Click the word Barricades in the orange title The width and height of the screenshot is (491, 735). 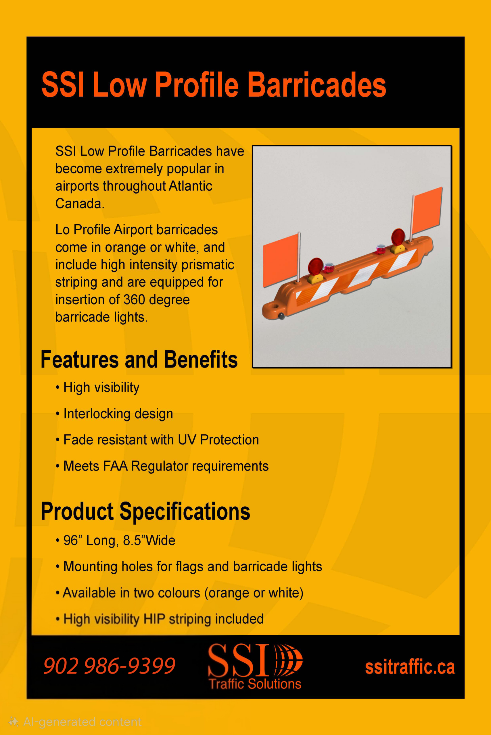tap(317, 85)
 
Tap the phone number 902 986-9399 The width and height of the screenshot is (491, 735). tap(109, 666)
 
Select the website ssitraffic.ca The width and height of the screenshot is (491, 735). tap(410, 667)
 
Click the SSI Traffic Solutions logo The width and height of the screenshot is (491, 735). tap(255, 666)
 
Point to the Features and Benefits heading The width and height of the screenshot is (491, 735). tap(139, 359)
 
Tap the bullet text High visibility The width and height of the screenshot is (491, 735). tap(101, 388)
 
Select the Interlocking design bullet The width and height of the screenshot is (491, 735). tap(118, 414)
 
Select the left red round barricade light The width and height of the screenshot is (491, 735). tap(315, 266)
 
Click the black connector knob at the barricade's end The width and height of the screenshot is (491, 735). tap(281, 316)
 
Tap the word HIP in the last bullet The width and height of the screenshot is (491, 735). tap(154, 619)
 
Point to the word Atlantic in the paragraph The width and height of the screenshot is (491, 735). tap(190, 186)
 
